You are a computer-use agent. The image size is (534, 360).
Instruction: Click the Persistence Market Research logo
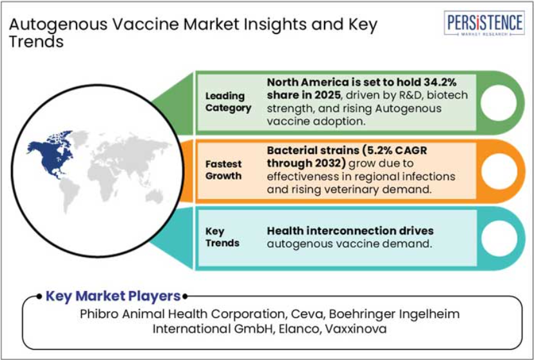[484, 23]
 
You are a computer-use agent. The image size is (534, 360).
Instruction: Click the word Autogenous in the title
[55, 25]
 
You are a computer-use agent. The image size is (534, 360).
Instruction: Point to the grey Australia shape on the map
[155, 196]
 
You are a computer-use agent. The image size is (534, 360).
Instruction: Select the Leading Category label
[228, 102]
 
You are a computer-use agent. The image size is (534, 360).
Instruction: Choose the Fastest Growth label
[224, 170]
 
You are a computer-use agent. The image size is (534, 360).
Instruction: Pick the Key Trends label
[222, 237]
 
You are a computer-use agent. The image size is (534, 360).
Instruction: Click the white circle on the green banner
[499, 102]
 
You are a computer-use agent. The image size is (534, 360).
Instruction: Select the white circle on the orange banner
[499, 171]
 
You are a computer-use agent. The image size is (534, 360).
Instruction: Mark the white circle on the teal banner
[499, 238]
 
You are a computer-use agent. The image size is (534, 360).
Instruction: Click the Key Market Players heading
[113, 296]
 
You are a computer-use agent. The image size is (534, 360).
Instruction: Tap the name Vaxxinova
[356, 328]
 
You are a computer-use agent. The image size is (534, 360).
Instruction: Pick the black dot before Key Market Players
[39, 296]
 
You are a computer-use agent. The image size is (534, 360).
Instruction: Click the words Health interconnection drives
[350, 231]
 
